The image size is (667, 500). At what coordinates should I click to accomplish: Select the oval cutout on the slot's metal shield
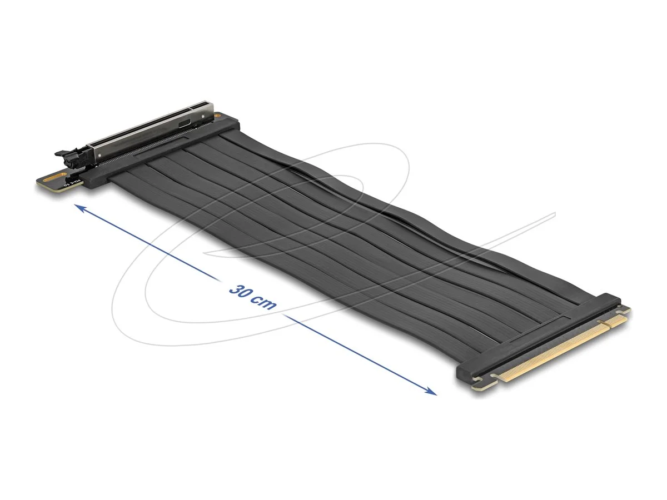pyautogui.click(x=201, y=125)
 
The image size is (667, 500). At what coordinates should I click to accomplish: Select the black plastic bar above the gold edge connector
pyautogui.click(x=534, y=339)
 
